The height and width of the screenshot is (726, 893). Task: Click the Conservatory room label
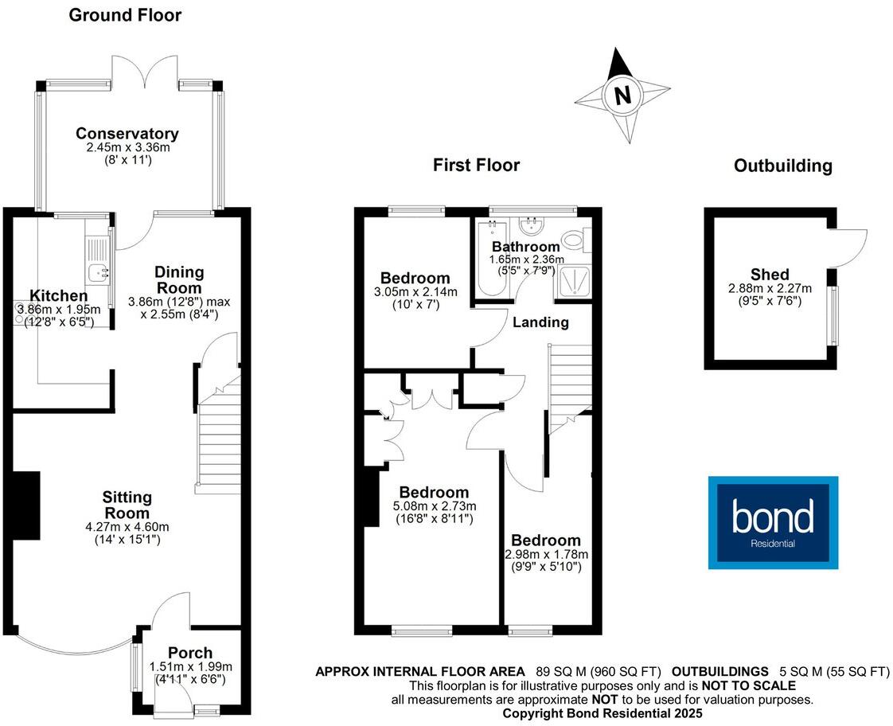tap(127, 134)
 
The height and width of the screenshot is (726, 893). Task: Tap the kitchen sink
tap(99, 272)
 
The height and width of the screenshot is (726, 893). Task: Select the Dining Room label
tap(177, 279)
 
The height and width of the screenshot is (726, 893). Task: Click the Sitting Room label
tap(127, 505)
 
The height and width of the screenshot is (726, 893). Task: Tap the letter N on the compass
tap(622, 96)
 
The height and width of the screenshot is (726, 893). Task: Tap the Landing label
tap(540, 322)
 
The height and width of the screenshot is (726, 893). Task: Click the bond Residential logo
tap(773, 522)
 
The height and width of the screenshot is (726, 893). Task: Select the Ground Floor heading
tap(125, 15)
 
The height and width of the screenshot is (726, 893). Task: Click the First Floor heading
tap(476, 166)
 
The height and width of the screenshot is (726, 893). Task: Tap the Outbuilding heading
tap(782, 166)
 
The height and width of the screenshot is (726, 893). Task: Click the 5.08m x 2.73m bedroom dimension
tap(434, 506)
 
